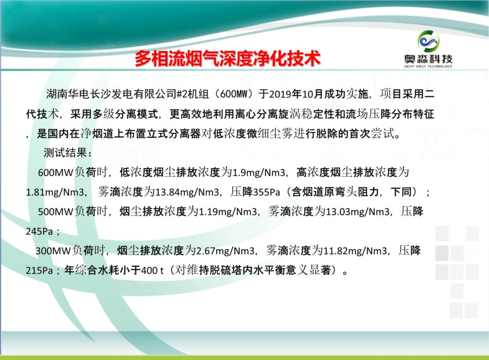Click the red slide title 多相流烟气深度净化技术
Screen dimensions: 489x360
tap(228, 58)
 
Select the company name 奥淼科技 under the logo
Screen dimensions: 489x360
tap(428, 59)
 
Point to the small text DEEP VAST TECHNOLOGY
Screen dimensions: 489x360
tap(428, 66)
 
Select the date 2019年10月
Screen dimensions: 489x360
tap(296, 94)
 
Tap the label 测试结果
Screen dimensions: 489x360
tap(65, 152)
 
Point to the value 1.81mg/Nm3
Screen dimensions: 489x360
tap(55, 192)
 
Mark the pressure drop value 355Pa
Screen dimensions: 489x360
tap(267, 192)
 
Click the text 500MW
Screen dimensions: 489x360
tap(56, 212)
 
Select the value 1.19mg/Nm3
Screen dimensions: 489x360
tap(228, 212)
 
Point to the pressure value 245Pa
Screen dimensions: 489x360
tap(39, 231)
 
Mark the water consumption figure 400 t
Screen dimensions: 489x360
tap(152, 270)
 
